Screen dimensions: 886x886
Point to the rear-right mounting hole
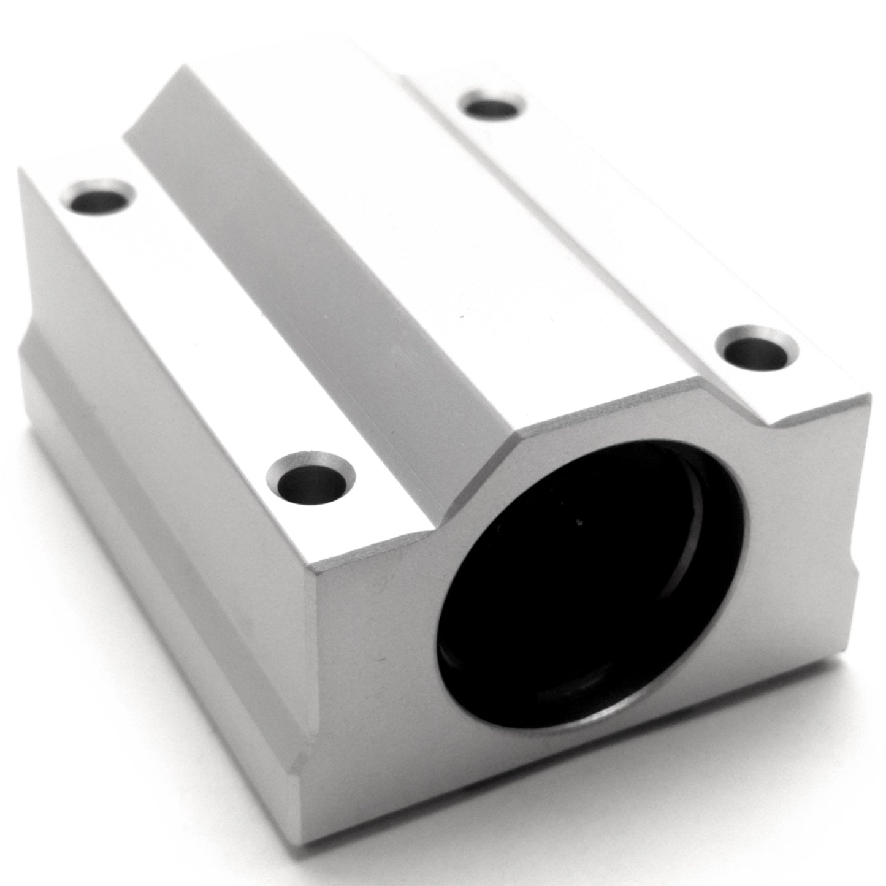[494, 107]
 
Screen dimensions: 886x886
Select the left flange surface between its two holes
[202, 331]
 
